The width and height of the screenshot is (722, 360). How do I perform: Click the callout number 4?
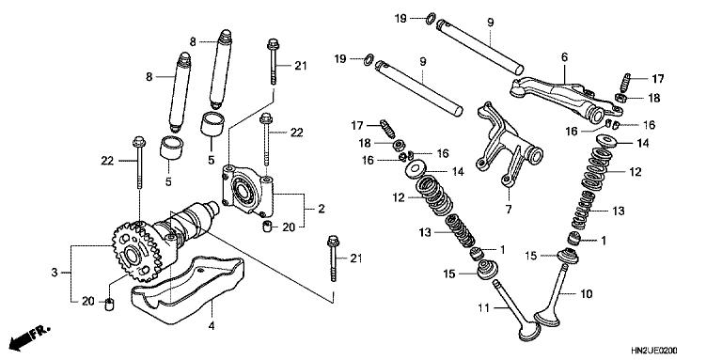coord(211,326)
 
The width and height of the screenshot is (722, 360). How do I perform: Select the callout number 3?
coord(55,273)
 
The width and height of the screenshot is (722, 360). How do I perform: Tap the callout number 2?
coord(321,208)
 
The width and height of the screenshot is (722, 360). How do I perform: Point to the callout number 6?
coord(564,57)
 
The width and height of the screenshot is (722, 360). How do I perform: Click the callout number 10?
coord(588,294)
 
